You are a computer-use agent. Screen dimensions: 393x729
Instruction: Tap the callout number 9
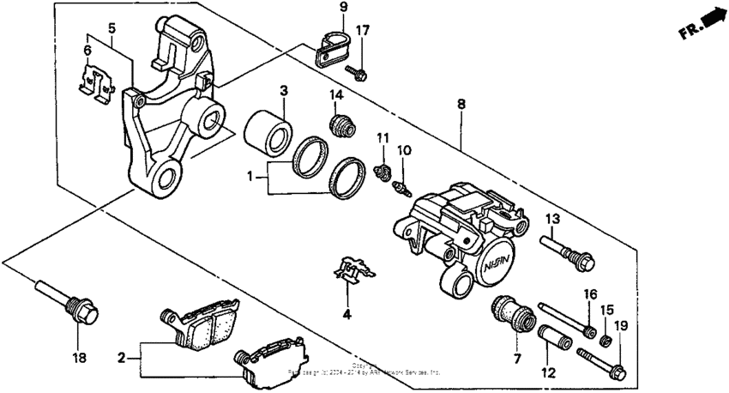pos(342,8)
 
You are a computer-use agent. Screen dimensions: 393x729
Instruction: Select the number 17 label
pos(363,31)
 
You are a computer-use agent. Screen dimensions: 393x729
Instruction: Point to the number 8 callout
pos(461,104)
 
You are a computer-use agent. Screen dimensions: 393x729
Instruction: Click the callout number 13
pos(551,217)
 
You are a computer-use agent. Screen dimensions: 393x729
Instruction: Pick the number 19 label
pos(620,326)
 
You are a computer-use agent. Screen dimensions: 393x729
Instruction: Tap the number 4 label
pos(346,314)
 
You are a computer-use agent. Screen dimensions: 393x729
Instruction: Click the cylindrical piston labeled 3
pos(266,130)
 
